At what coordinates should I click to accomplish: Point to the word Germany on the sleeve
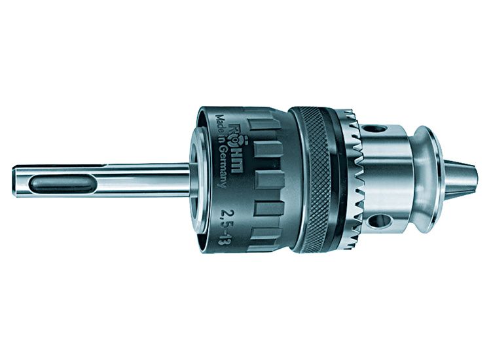point(223,165)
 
